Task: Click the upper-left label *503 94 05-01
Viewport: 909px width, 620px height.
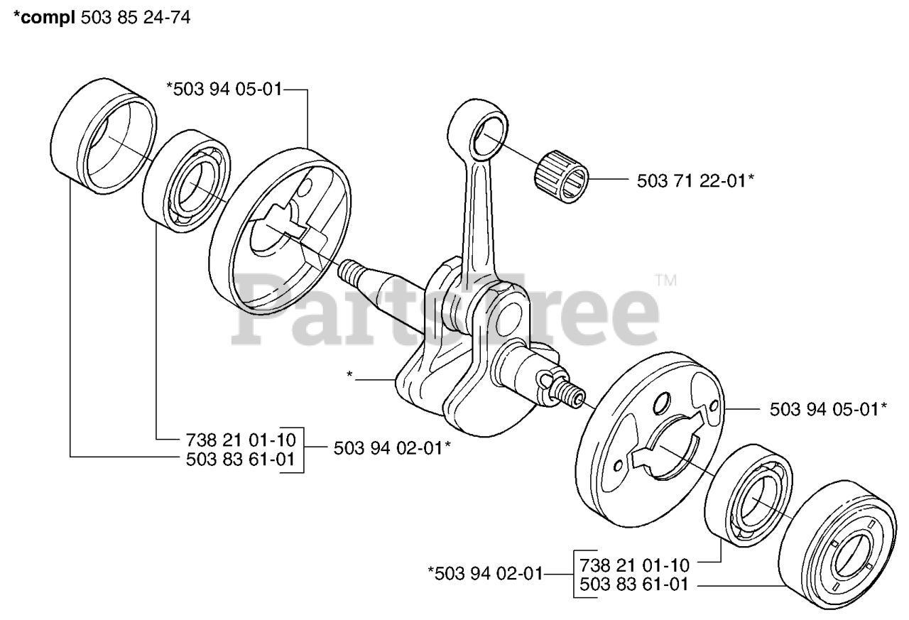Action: coord(224,89)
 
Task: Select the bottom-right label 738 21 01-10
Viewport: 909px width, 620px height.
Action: coord(634,566)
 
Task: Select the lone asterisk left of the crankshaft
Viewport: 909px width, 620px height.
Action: coord(350,374)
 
